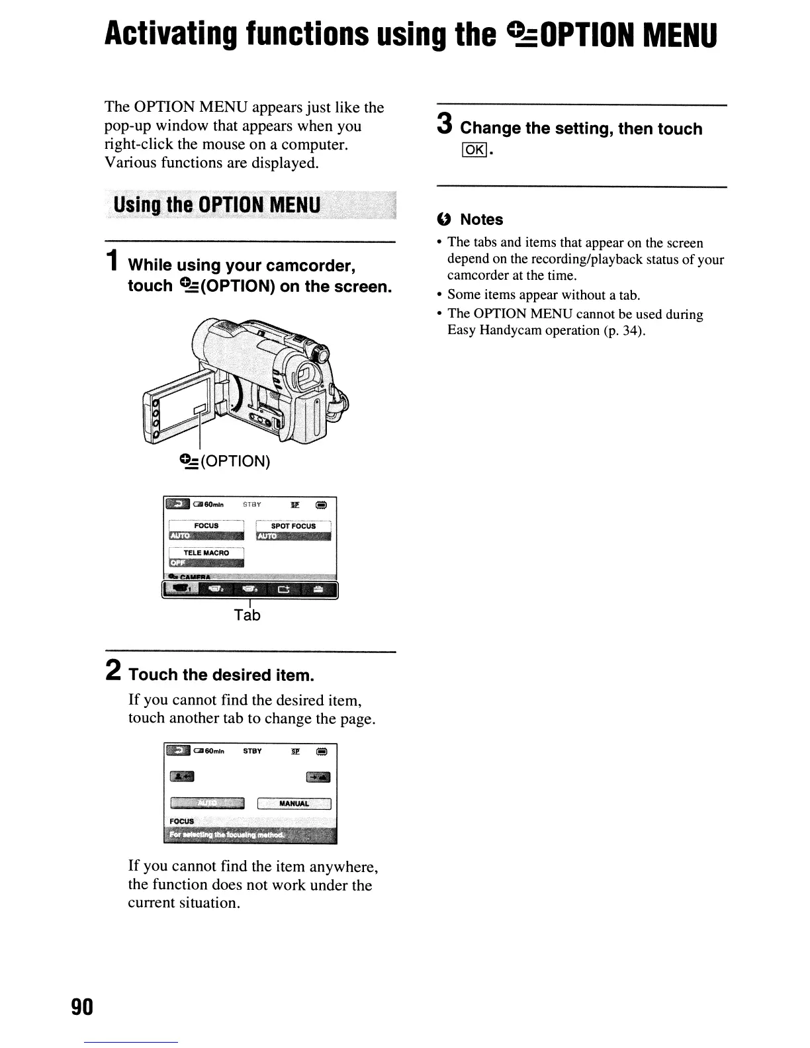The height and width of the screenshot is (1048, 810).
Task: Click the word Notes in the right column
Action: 481,220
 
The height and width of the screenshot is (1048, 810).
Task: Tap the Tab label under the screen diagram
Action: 247,615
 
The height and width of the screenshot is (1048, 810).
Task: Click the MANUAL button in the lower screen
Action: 294,803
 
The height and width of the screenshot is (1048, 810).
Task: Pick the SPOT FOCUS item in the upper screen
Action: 293,526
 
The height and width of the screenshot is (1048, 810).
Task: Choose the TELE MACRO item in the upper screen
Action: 206,552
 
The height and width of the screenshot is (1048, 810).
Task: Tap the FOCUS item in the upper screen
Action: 206,525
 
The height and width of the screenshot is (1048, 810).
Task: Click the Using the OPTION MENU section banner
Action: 217,204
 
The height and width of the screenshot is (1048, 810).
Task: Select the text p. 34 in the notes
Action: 621,330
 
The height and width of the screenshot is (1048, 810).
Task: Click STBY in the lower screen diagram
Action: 252,751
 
